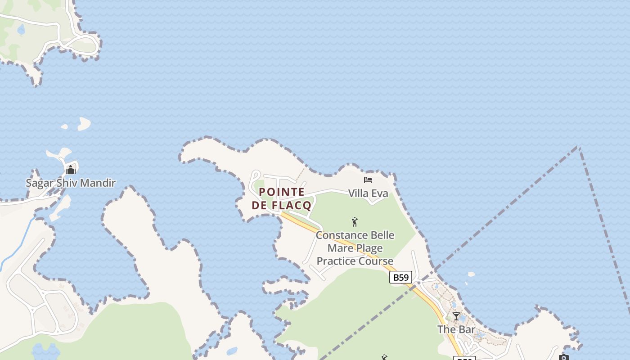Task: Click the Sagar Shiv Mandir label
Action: [71, 183]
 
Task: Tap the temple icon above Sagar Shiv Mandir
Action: [71, 170]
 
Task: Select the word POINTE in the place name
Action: [282, 192]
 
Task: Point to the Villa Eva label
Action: [368, 193]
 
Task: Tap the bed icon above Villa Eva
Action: [368, 180]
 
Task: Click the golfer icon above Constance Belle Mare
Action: [355, 221]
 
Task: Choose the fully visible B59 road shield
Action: [400, 278]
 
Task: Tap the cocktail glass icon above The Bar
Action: [456, 316]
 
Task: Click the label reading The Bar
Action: [456, 329]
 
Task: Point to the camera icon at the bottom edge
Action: [564, 358]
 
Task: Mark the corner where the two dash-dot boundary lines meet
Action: [578, 147]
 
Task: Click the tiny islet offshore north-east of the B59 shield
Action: [471, 274]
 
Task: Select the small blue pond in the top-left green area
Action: [21, 30]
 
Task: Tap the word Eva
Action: [380, 193]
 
